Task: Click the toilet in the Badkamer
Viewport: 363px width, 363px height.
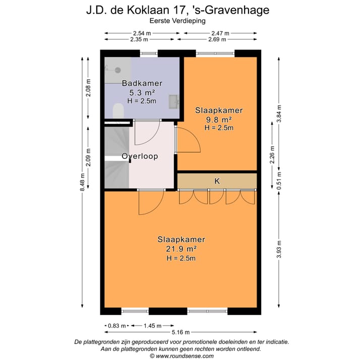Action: coord(118,111)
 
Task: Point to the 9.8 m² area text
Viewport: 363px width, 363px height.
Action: coord(219,119)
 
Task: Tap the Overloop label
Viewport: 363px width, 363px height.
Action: coord(140,156)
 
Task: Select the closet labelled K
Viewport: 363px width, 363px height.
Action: coord(217,180)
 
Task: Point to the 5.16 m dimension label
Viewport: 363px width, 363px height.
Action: coord(181,332)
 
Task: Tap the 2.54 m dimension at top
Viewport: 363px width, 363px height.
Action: coord(142,33)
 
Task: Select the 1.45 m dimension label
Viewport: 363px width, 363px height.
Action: coord(152,325)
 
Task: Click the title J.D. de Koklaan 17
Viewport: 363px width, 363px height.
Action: coord(181,10)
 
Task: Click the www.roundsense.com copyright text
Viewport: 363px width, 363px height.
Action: coord(181,355)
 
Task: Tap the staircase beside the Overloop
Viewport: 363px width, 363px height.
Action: coord(116,157)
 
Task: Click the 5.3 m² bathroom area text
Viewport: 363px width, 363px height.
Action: coord(142,93)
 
